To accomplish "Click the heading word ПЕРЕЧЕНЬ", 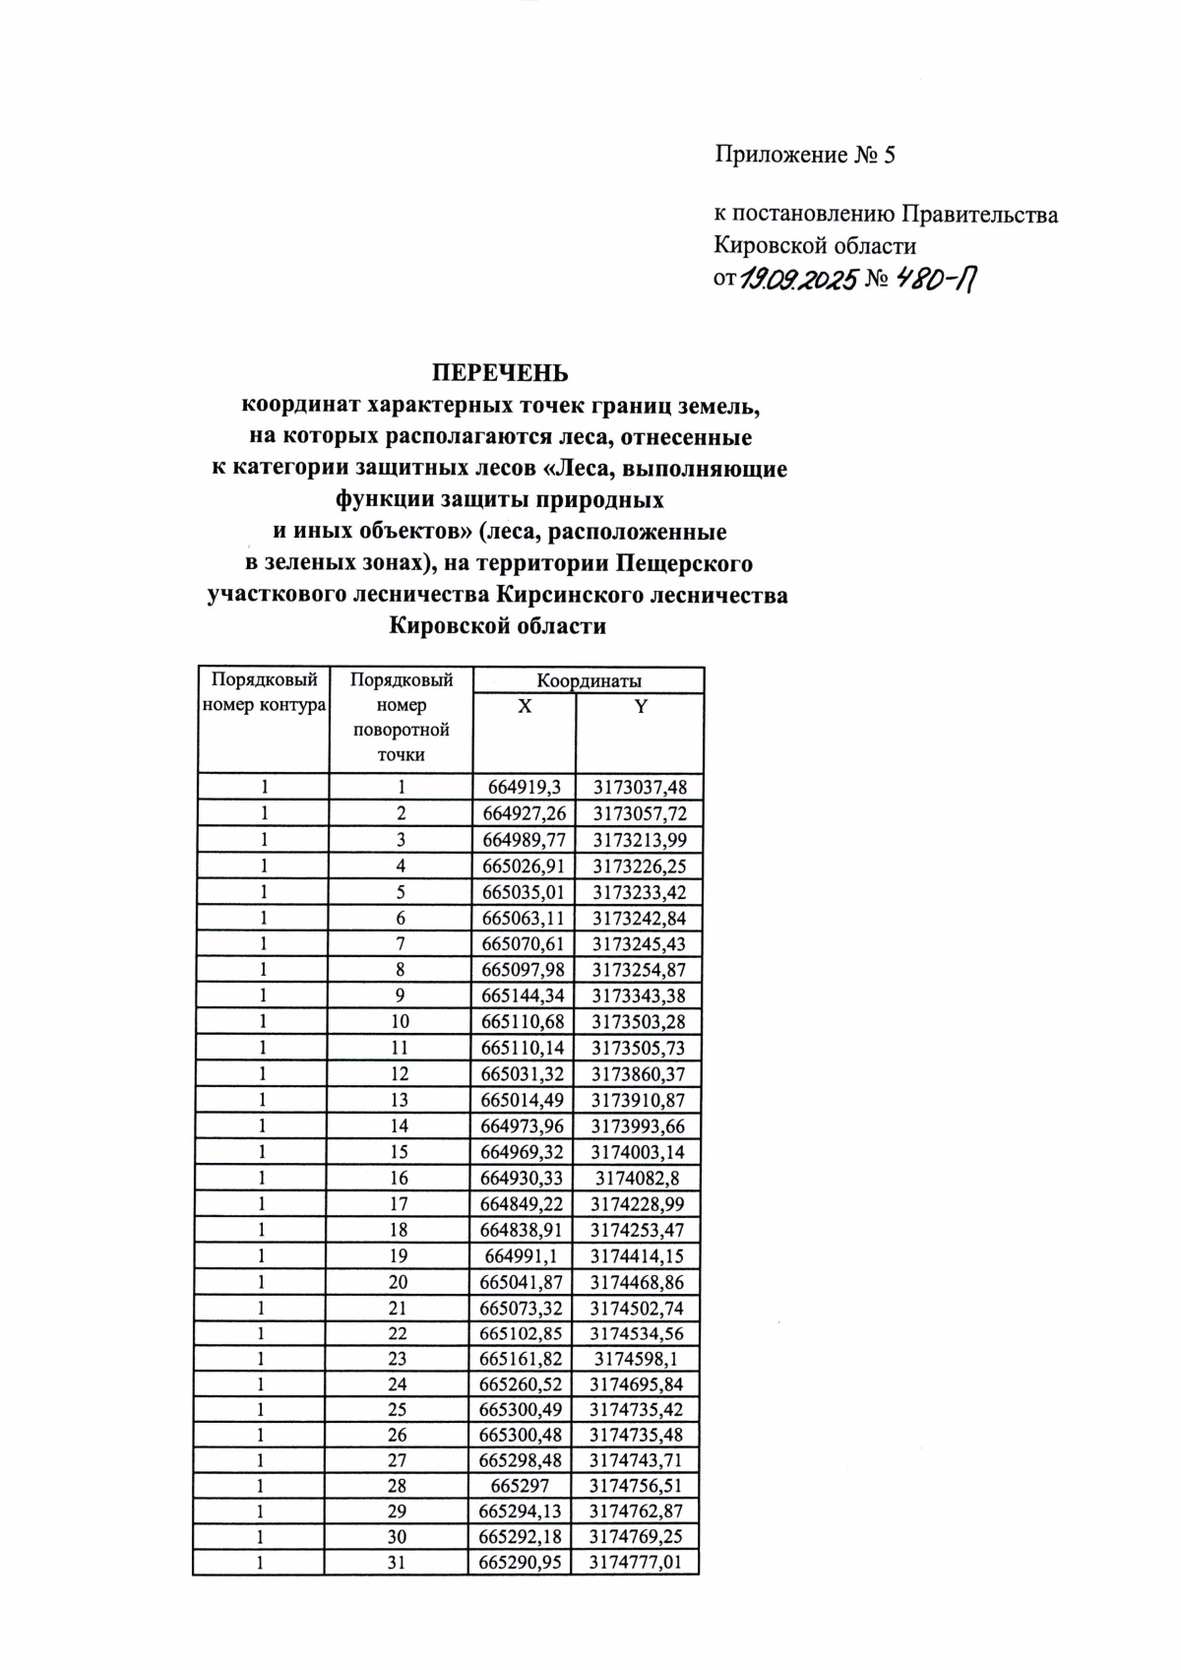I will tap(500, 373).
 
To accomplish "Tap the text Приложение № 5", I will tap(804, 155).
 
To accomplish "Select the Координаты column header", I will tap(589, 680).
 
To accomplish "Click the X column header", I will tap(525, 707).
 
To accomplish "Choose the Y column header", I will tap(641, 707).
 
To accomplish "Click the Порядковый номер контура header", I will tap(264, 692).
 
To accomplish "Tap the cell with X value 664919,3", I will tap(524, 787).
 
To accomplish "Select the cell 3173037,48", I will tap(640, 787).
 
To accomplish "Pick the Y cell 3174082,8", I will tap(638, 1178).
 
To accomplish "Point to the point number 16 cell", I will tap(399, 1178).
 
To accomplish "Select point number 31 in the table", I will tap(397, 1562).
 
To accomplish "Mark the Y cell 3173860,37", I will tap(638, 1073).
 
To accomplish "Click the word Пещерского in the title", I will tap(685, 564).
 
